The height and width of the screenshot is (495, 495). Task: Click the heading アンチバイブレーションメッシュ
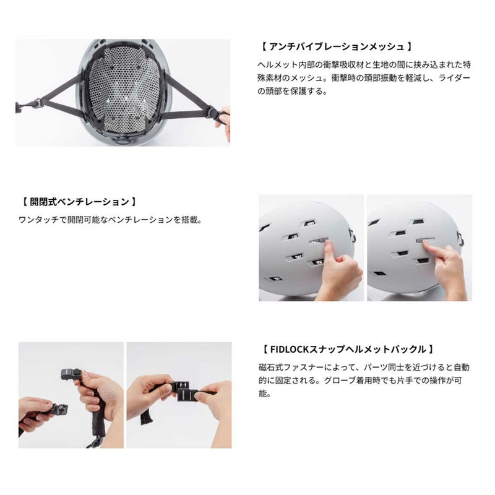tap(335, 46)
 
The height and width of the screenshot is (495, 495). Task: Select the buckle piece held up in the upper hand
tap(70, 373)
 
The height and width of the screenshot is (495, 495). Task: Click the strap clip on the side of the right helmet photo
tap(461, 236)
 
